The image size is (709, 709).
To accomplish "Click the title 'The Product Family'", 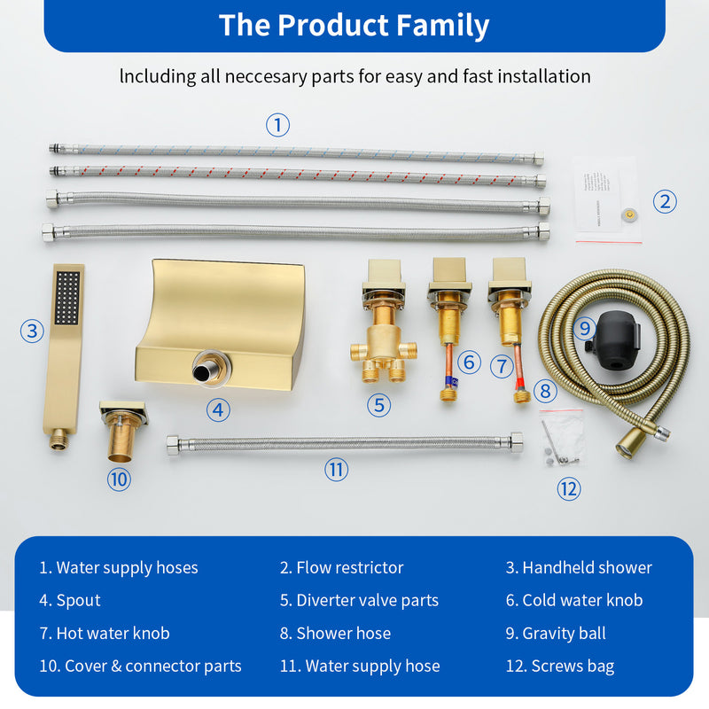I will point(354,25).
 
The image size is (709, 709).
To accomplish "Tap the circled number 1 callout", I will point(278,125).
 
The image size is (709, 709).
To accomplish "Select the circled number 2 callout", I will point(665,201).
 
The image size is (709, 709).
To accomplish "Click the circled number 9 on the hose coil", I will point(584,328).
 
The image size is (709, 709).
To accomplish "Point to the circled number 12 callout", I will point(568,487).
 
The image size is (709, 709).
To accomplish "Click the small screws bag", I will point(560,441).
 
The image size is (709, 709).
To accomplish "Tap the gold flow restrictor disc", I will point(630,214).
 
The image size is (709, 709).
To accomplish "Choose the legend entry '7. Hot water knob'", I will point(104,633).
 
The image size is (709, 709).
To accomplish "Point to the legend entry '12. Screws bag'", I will point(559,666).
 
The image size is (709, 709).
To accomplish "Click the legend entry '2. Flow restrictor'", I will point(341,567).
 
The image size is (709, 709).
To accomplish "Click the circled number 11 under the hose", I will point(336,470).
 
